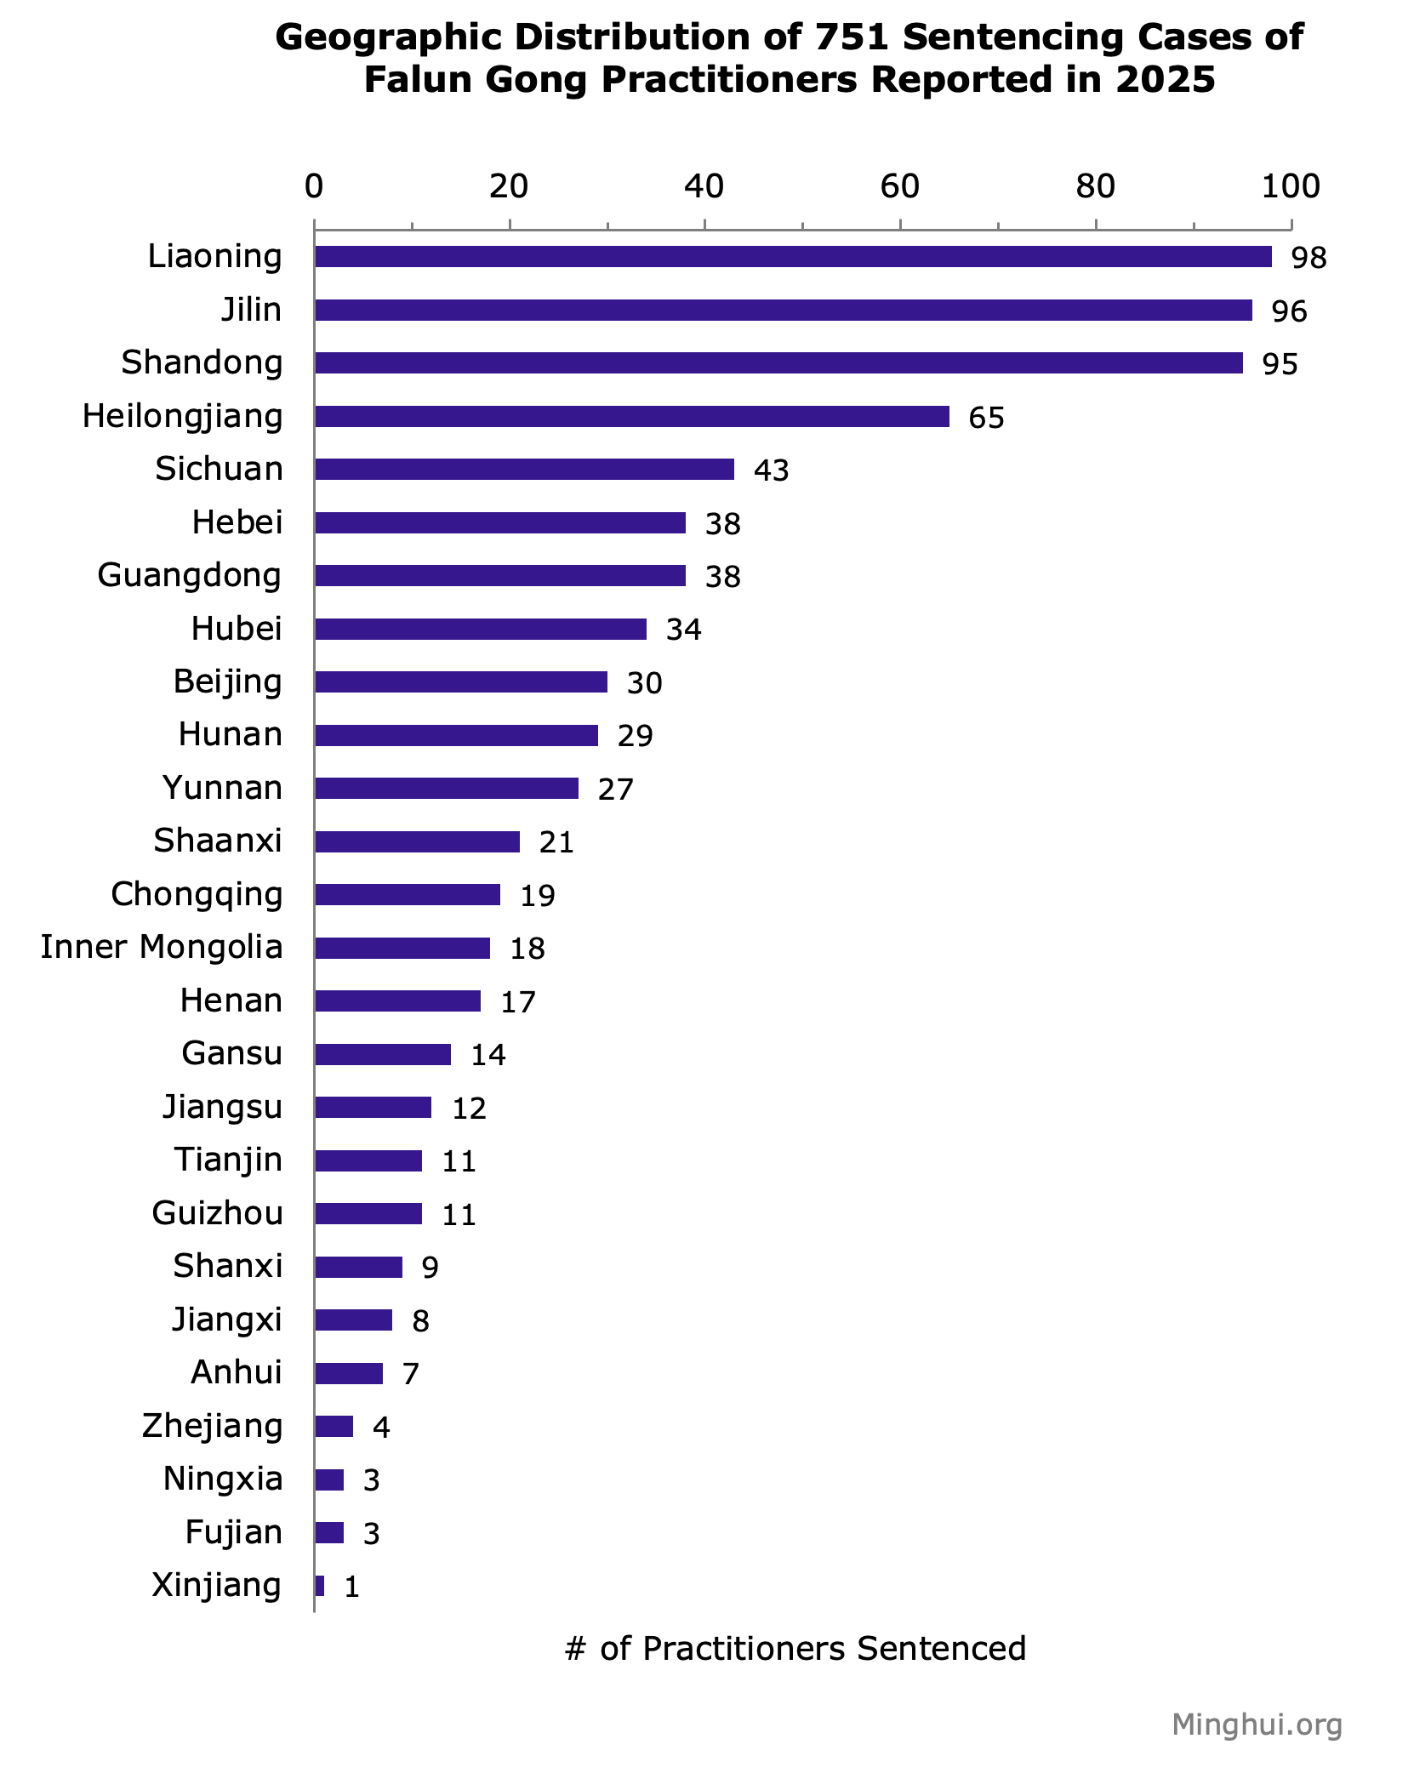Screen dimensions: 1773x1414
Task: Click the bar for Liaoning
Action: point(793,257)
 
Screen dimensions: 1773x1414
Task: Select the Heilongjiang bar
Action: point(631,417)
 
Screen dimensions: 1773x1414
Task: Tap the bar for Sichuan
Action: point(524,470)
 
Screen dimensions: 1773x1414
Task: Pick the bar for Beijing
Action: point(461,682)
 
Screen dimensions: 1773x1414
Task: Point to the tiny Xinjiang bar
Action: point(320,1586)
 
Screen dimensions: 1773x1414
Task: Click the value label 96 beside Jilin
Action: point(1289,311)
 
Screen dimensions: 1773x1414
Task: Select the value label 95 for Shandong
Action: point(1280,364)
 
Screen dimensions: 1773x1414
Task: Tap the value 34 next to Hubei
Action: point(683,630)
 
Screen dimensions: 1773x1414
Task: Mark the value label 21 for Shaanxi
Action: point(556,842)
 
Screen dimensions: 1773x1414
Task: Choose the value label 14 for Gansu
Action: point(488,1055)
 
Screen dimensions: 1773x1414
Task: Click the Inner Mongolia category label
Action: point(162,947)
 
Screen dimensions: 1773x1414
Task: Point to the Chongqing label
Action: point(197,894)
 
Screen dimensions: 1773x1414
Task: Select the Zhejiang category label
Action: point(212,1426)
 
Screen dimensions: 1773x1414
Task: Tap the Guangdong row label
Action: point(190,575)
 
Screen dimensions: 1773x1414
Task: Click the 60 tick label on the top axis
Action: point(900,186)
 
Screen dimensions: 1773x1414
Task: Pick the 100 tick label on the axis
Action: point(1290,186)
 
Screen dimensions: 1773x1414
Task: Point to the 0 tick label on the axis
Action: point(314,186)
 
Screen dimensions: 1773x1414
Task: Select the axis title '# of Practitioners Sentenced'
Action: point(795,1649)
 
